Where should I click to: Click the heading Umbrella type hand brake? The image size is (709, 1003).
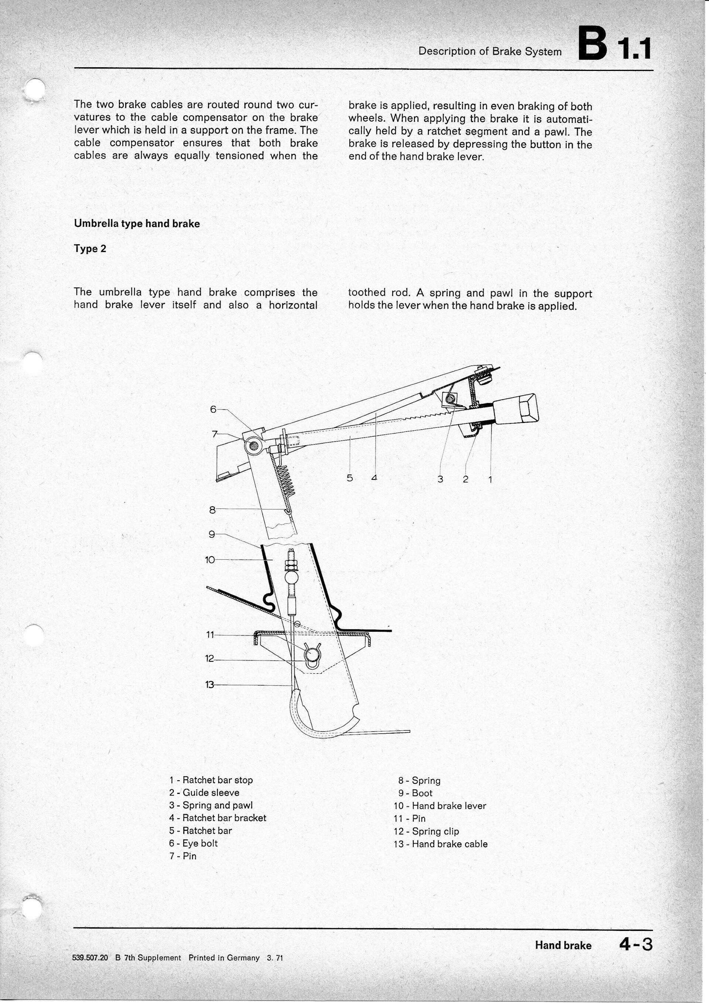coord(137,224)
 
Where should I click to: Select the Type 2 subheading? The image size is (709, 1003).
coord(90,249)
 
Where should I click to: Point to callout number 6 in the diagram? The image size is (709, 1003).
coord(213,409)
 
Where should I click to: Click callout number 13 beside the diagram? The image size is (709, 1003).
coord(210,685)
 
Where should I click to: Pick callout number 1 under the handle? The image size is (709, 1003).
coord(490,480)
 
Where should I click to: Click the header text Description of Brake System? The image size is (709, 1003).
coord(490,52)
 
